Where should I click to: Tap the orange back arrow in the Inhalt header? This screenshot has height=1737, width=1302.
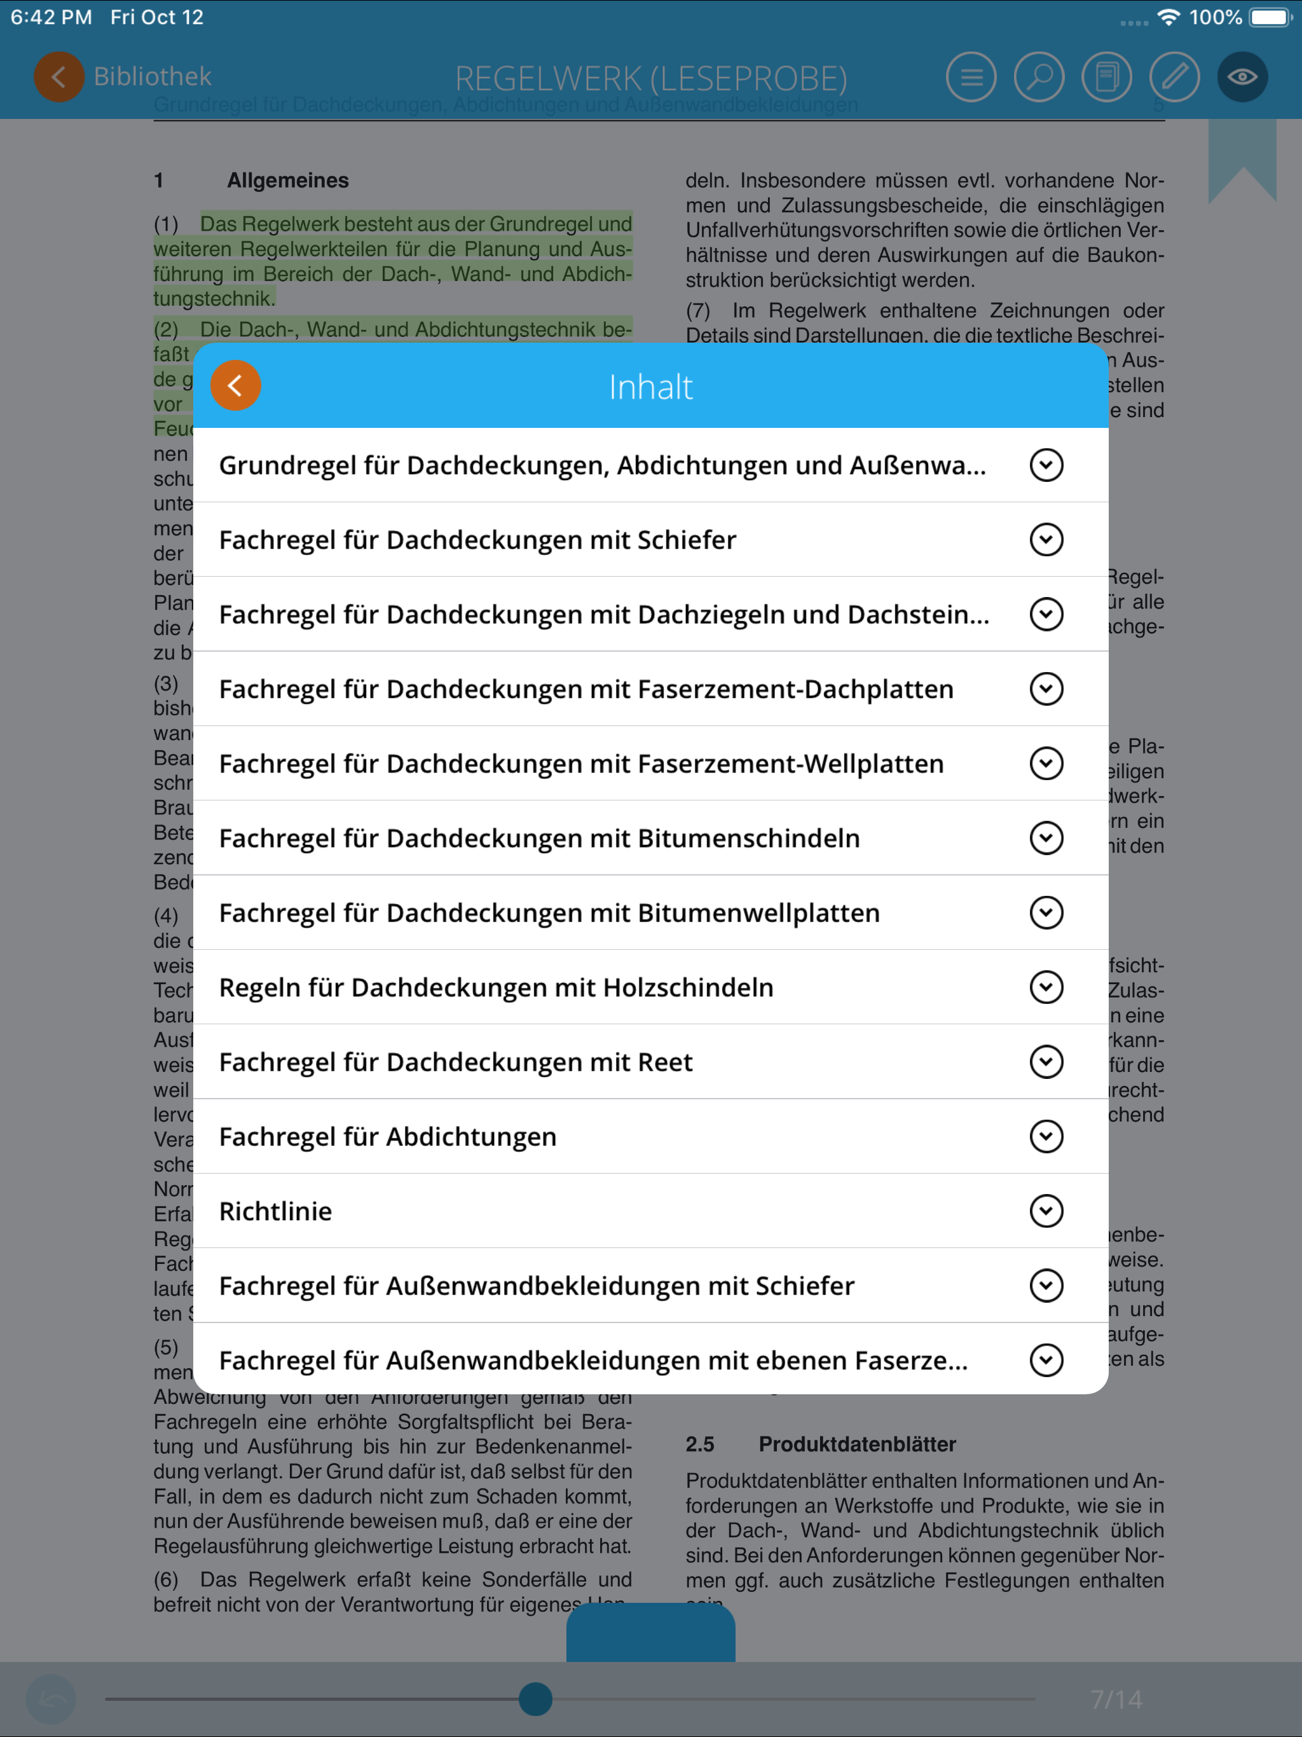[x=236, y=385]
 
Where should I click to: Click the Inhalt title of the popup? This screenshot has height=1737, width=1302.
[x=650, y=387]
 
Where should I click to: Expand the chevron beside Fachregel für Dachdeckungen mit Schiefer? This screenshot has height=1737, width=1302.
[x=1046, y=540]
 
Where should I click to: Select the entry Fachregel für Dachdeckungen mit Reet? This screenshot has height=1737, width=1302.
[x=455, y=1062]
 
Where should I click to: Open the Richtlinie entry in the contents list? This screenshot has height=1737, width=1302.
[x=276, y=1211]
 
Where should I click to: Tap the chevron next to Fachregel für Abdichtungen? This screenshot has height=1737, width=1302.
[x=1046, y=1136]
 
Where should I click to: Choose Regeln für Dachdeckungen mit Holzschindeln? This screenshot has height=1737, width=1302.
[x=497, y=987]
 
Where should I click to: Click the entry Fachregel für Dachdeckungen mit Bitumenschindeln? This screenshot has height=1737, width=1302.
[x=540, y=838]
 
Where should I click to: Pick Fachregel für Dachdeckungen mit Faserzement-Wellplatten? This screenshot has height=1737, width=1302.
[x=581, y=763]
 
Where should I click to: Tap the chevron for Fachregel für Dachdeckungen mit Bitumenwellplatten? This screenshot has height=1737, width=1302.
[x=1046, y=912]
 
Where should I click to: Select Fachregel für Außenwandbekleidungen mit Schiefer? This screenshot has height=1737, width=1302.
[x=537, y=1286]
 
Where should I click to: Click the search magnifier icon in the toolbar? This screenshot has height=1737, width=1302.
[x=1039, y=77]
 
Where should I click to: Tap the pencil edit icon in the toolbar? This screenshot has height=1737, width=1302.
[x=1174, y=77]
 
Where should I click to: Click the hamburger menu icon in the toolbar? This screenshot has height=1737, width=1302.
[x=971, y=77]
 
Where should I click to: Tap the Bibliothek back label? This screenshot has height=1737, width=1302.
[x=153, y=76]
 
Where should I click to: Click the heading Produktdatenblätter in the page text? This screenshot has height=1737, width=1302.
[x=857, y=1444]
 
